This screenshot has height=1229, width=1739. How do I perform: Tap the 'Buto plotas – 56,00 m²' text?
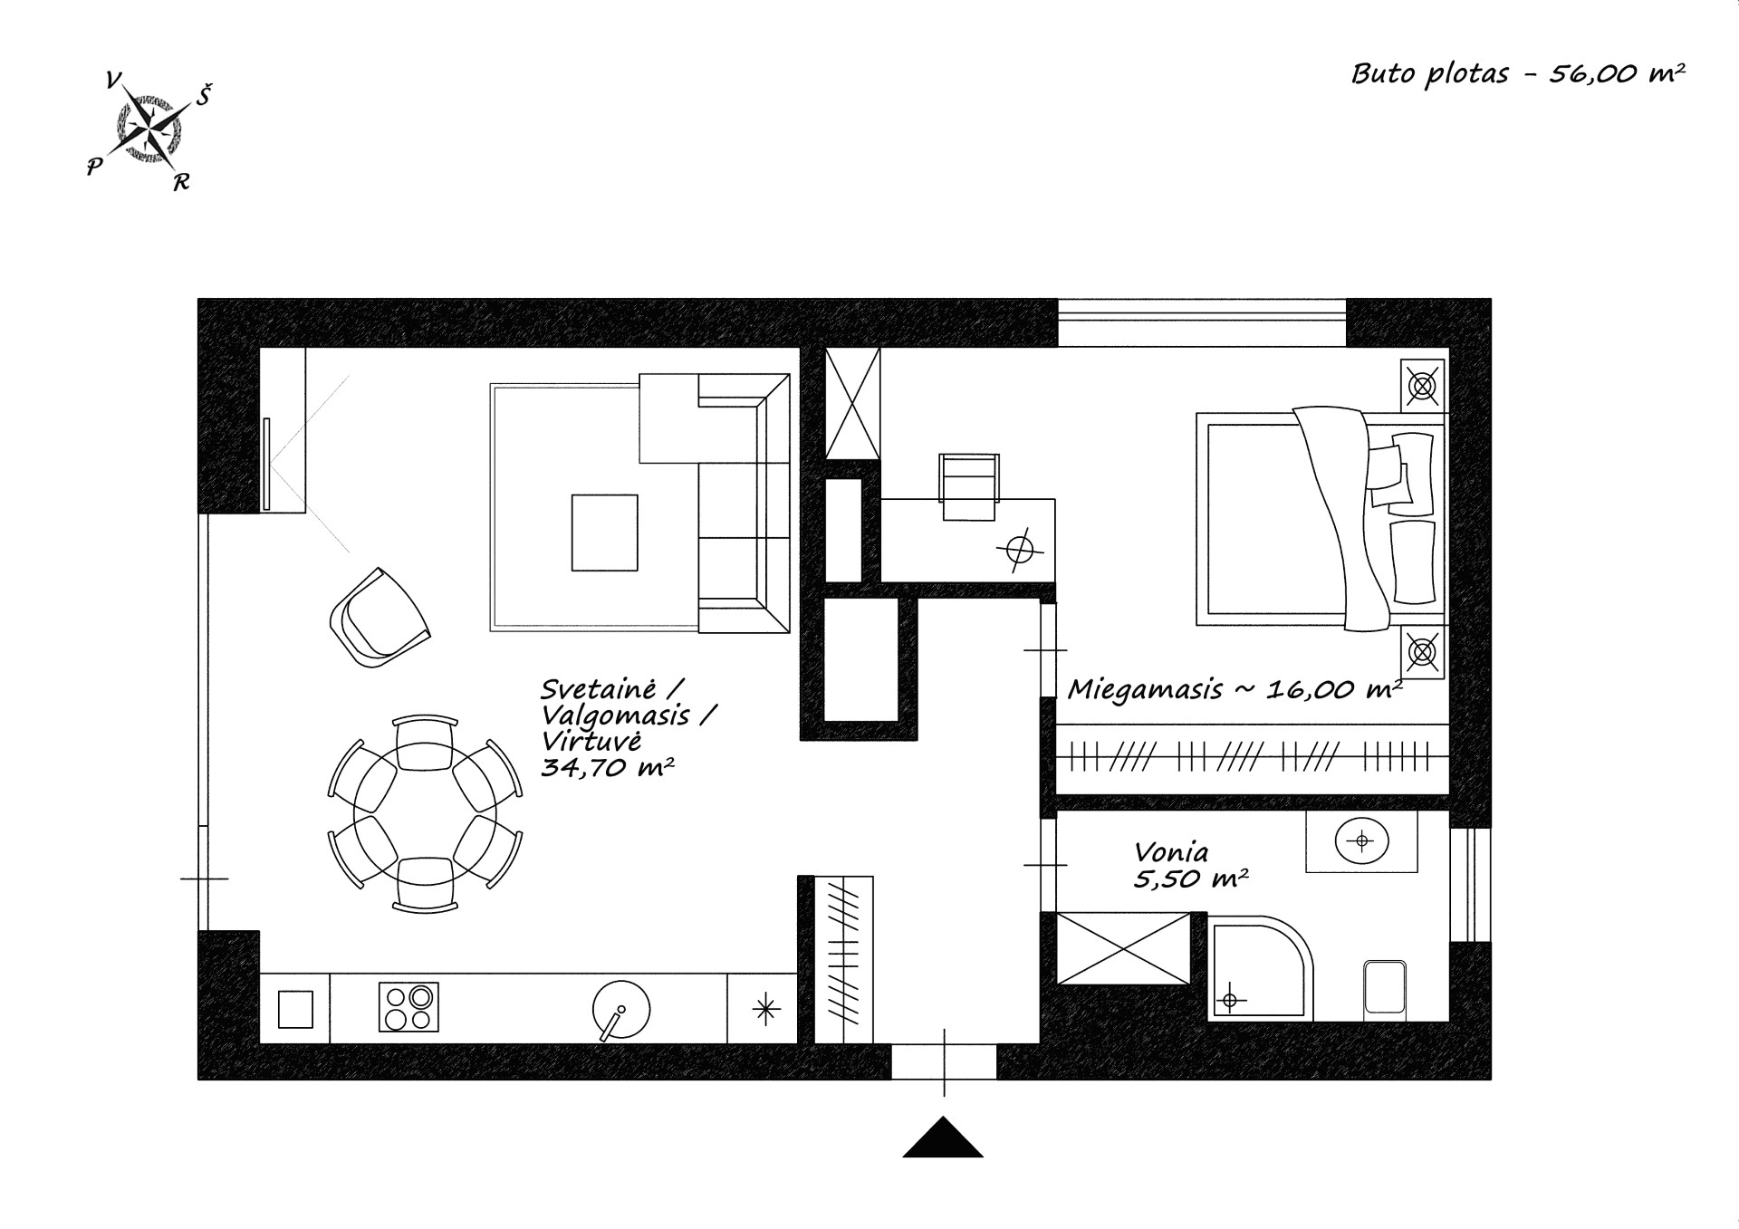click(x=1518, y=73)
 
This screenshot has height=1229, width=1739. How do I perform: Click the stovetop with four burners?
click(x=408, y=1007)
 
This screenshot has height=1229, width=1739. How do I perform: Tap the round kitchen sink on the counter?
click(x=621, y=1008)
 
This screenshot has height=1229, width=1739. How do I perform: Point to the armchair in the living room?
click(x=380, y=618)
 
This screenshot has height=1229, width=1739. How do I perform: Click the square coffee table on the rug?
click(x=604, y=533)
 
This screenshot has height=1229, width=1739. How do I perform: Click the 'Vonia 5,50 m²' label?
click(x=1190, y=866)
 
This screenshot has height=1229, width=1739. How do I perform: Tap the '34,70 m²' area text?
click(x=607, y=768)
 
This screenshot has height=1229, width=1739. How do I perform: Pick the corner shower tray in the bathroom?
click(x=1259, y=969)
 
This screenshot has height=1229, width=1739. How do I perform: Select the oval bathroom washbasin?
click(x=1361, y=841)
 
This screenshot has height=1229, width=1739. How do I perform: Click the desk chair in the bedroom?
click(x=970, y=486)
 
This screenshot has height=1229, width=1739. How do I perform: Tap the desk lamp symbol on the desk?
click(x=1020, y=550)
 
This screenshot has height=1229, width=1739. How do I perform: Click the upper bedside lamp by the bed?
click(x=1423, y=387)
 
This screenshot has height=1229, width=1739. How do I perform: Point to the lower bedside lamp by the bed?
click(x=1423, y=651)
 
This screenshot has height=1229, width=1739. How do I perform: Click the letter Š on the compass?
click(x=204, y=94)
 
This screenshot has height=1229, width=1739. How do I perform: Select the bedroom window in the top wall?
click(x=1202, y=322)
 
